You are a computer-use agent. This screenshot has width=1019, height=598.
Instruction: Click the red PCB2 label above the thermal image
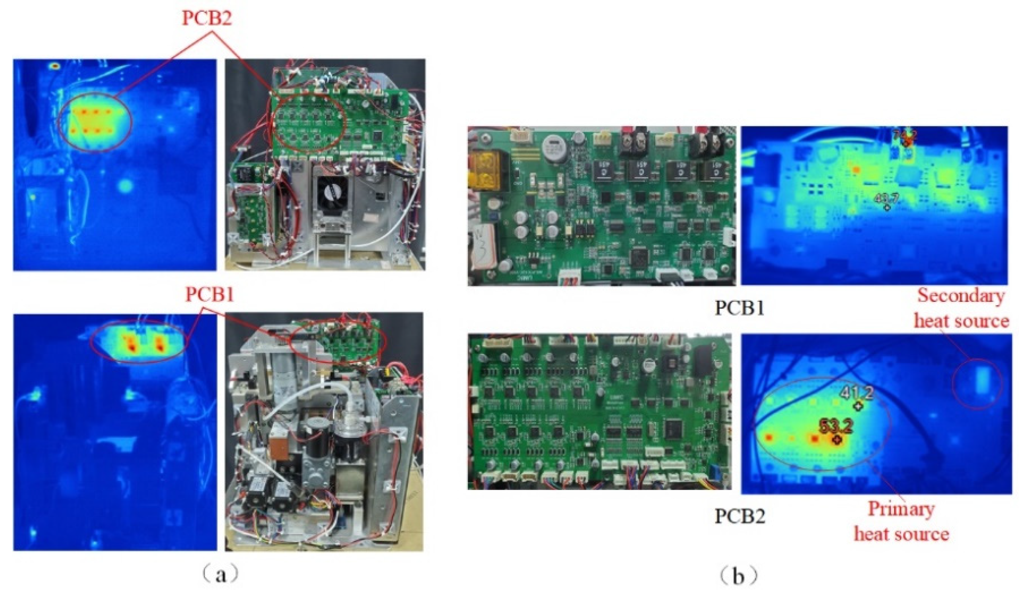[x=207, y=19]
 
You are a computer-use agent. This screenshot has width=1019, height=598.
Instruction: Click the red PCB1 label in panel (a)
[x=209, y=295]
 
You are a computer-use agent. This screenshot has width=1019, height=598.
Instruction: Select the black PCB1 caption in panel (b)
[x=739, y=308]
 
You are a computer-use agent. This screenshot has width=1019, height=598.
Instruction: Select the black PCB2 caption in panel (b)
[x=740, y=516]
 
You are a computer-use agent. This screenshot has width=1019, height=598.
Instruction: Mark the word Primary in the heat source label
[x=901, y=509]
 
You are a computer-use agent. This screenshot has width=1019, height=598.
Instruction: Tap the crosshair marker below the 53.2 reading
[x=837, y=440]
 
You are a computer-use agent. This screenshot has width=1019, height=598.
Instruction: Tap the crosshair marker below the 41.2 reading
[x=858, y=406]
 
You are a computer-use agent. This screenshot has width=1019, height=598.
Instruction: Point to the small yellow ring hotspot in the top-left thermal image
[x=54, y=66]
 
